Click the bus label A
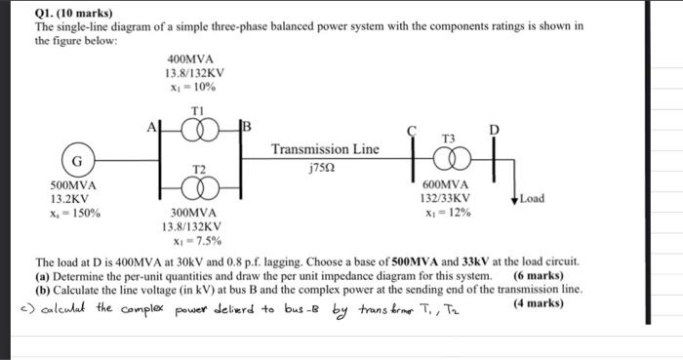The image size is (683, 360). (x=150, y=125)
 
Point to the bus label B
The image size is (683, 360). (x=247, y=125)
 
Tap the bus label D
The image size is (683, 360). (x=492, y=130)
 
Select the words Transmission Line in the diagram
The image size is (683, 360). (x=325, y=149)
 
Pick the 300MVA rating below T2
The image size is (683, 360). (x=194, y=212)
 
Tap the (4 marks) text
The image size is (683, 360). (x=538, y=303)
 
